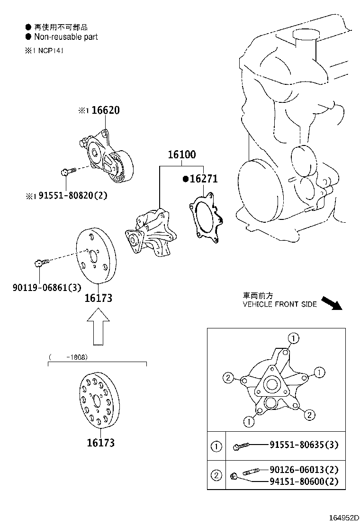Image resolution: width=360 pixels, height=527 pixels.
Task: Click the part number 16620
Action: point(105,110)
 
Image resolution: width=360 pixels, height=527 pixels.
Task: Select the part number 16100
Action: point(181,155)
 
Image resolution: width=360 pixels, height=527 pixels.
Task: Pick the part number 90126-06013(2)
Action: point(304,470)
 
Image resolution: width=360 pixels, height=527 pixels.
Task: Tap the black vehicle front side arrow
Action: point(331,303)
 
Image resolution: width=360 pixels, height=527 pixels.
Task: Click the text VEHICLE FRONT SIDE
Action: point(279,304)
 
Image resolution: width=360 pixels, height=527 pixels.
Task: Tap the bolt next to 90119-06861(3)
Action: point(41,262)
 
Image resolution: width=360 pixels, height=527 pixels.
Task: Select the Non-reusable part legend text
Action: point(65,36)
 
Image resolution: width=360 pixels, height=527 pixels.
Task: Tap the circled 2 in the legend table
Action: point(216,475)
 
